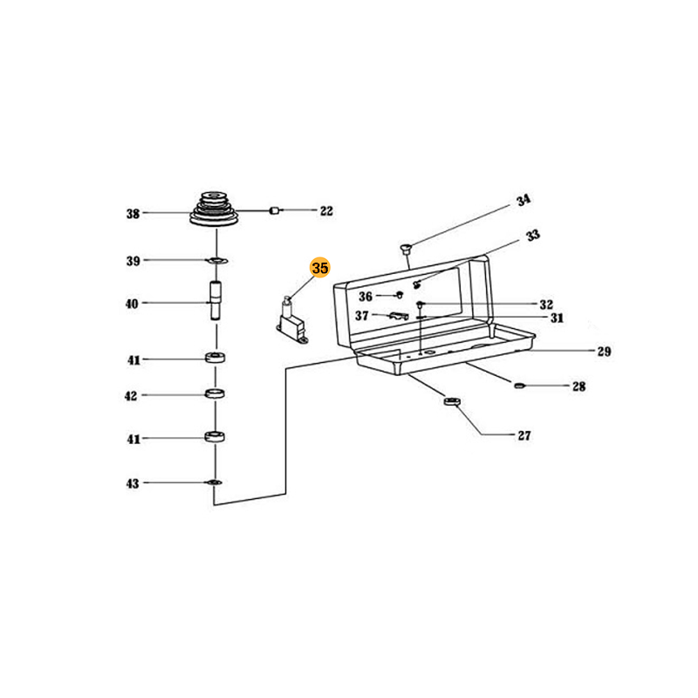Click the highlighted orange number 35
click(319, 269)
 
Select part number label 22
click(326, 210)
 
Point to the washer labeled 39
click(216, 261)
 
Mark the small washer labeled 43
click(214, 482)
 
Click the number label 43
click(133, 483)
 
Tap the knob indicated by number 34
click(406, 249)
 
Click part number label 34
click(523, 202)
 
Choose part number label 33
click(533, 235)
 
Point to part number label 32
click(546, 305)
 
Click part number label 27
click(524, 435)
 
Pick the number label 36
click(366, 297)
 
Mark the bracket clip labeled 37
click(397, 315)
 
